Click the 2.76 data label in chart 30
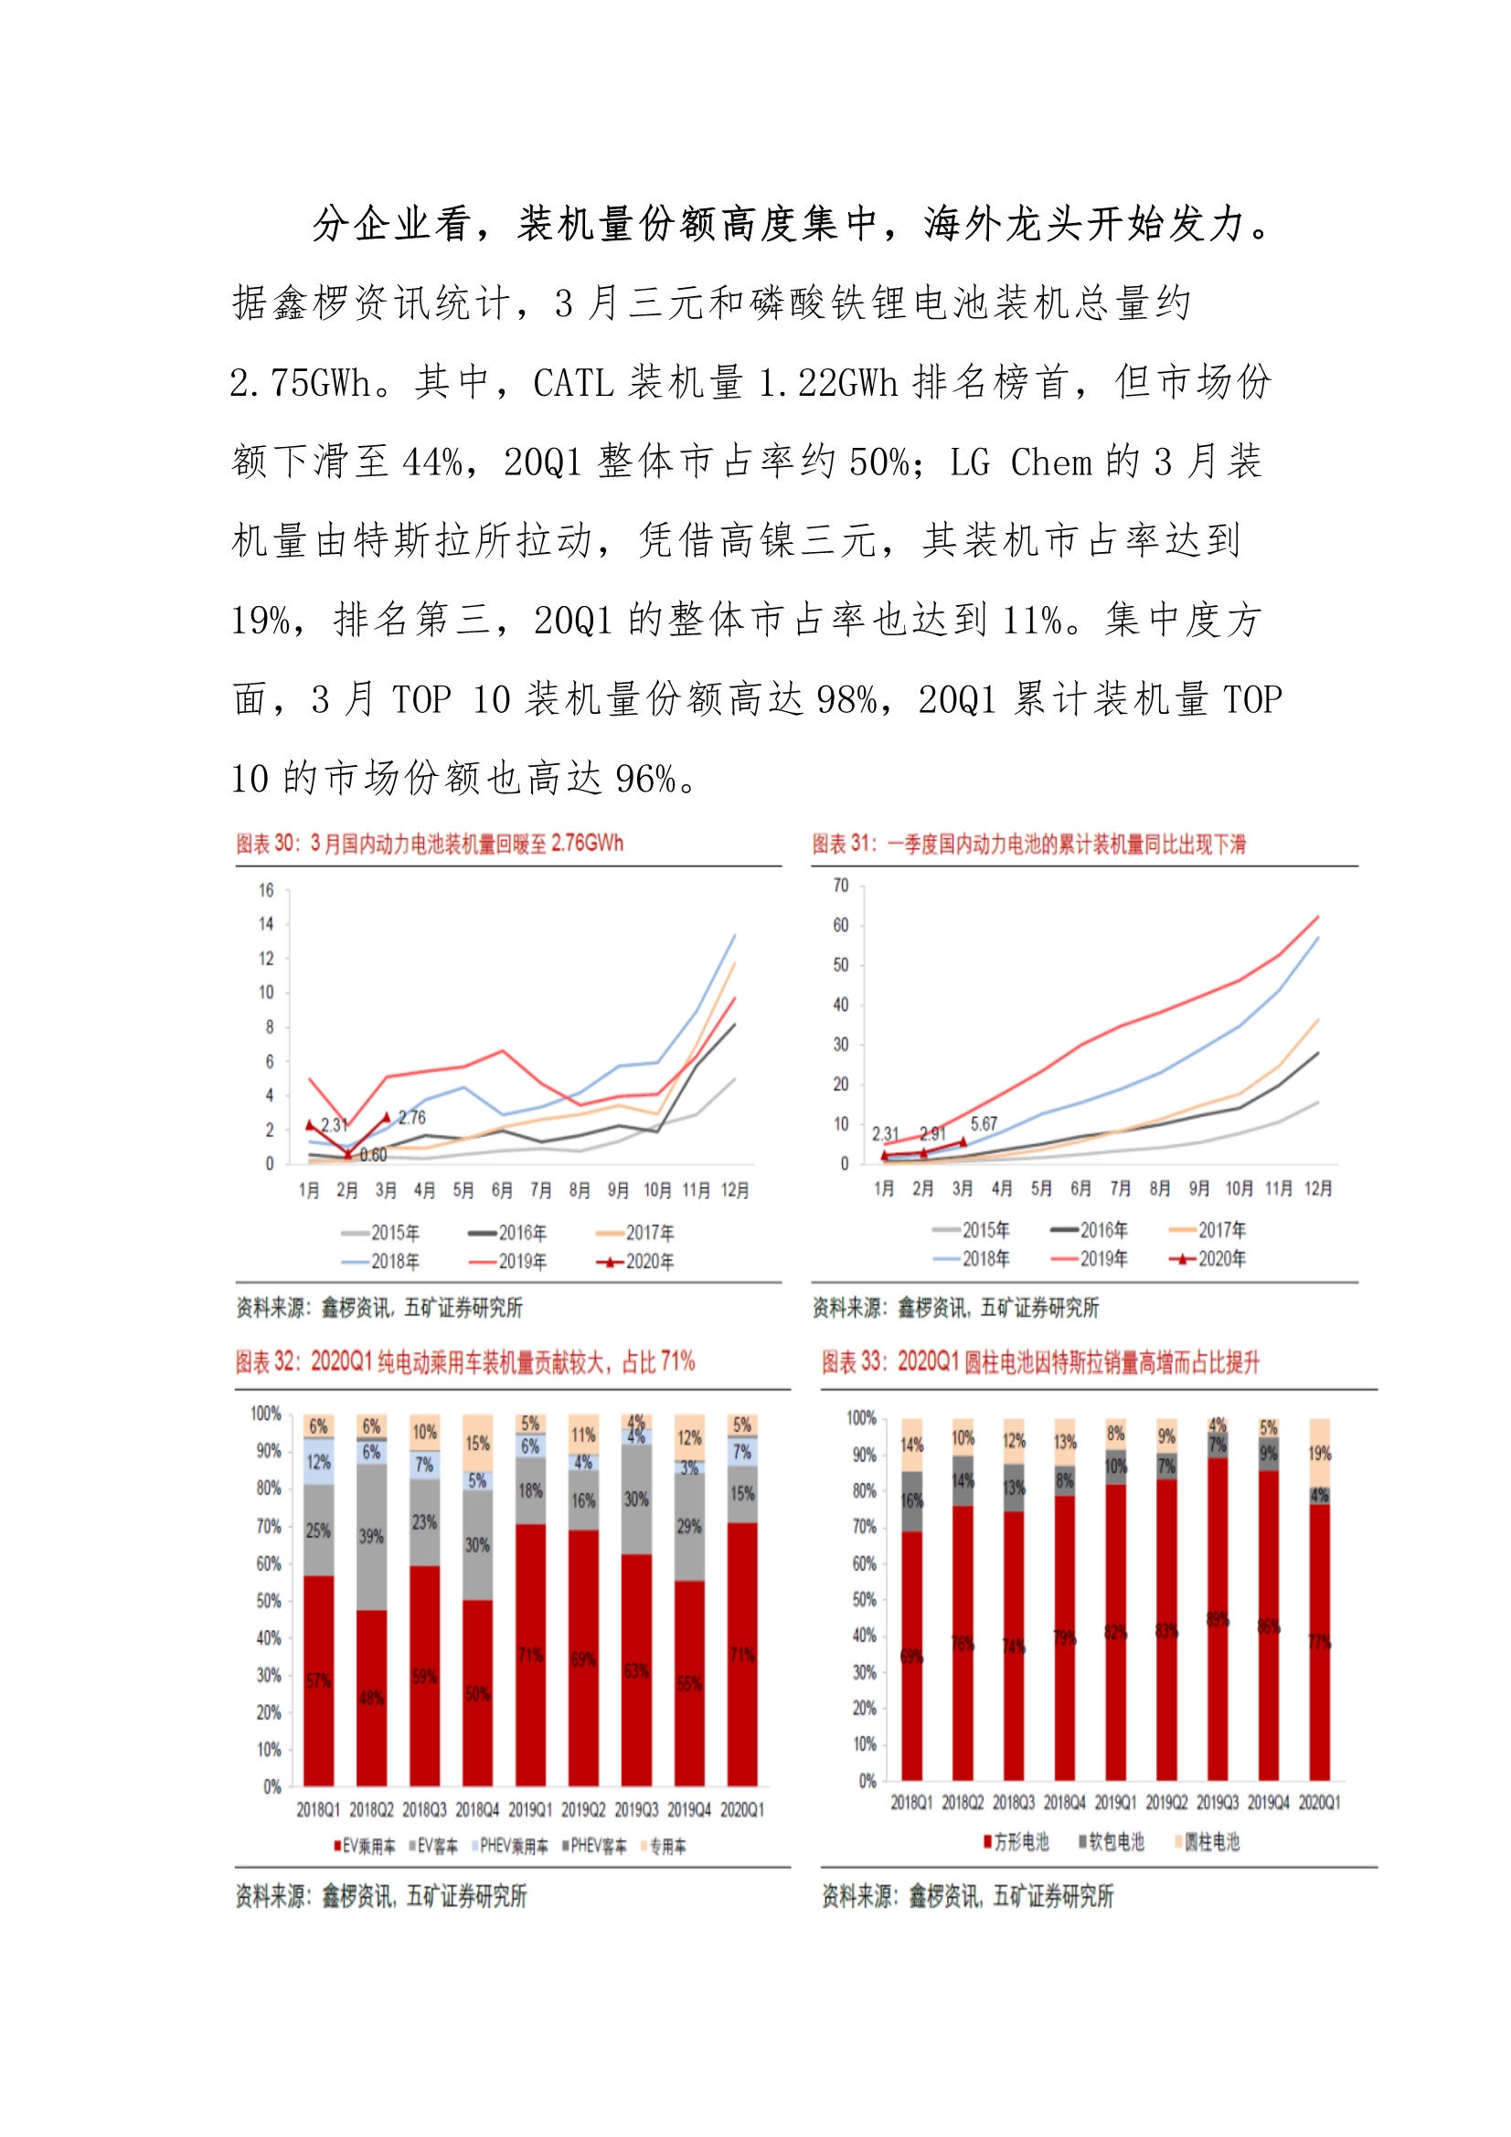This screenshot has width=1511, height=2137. (411, 1118)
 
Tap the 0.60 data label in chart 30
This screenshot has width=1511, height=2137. (373, 1155)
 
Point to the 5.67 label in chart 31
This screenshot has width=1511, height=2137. (984, 1123)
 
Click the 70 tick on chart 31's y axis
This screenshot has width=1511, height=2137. (841, 885)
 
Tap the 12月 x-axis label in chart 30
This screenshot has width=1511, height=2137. (735, 1190)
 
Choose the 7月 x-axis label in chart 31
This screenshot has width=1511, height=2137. (1120, 1188)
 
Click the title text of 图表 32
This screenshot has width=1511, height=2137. (464, 1363)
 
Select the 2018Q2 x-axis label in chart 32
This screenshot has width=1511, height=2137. (371, 1811)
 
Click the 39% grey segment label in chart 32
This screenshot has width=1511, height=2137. (371, 1536)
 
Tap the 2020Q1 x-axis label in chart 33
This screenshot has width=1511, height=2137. (1319, 1802)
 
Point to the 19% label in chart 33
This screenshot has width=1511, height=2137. (1319, 1454)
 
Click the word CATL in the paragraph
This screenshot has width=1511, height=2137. (569, 383)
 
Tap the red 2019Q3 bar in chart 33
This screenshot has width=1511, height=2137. (1218, 1620)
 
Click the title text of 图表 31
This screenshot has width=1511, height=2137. (1028, 845)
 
